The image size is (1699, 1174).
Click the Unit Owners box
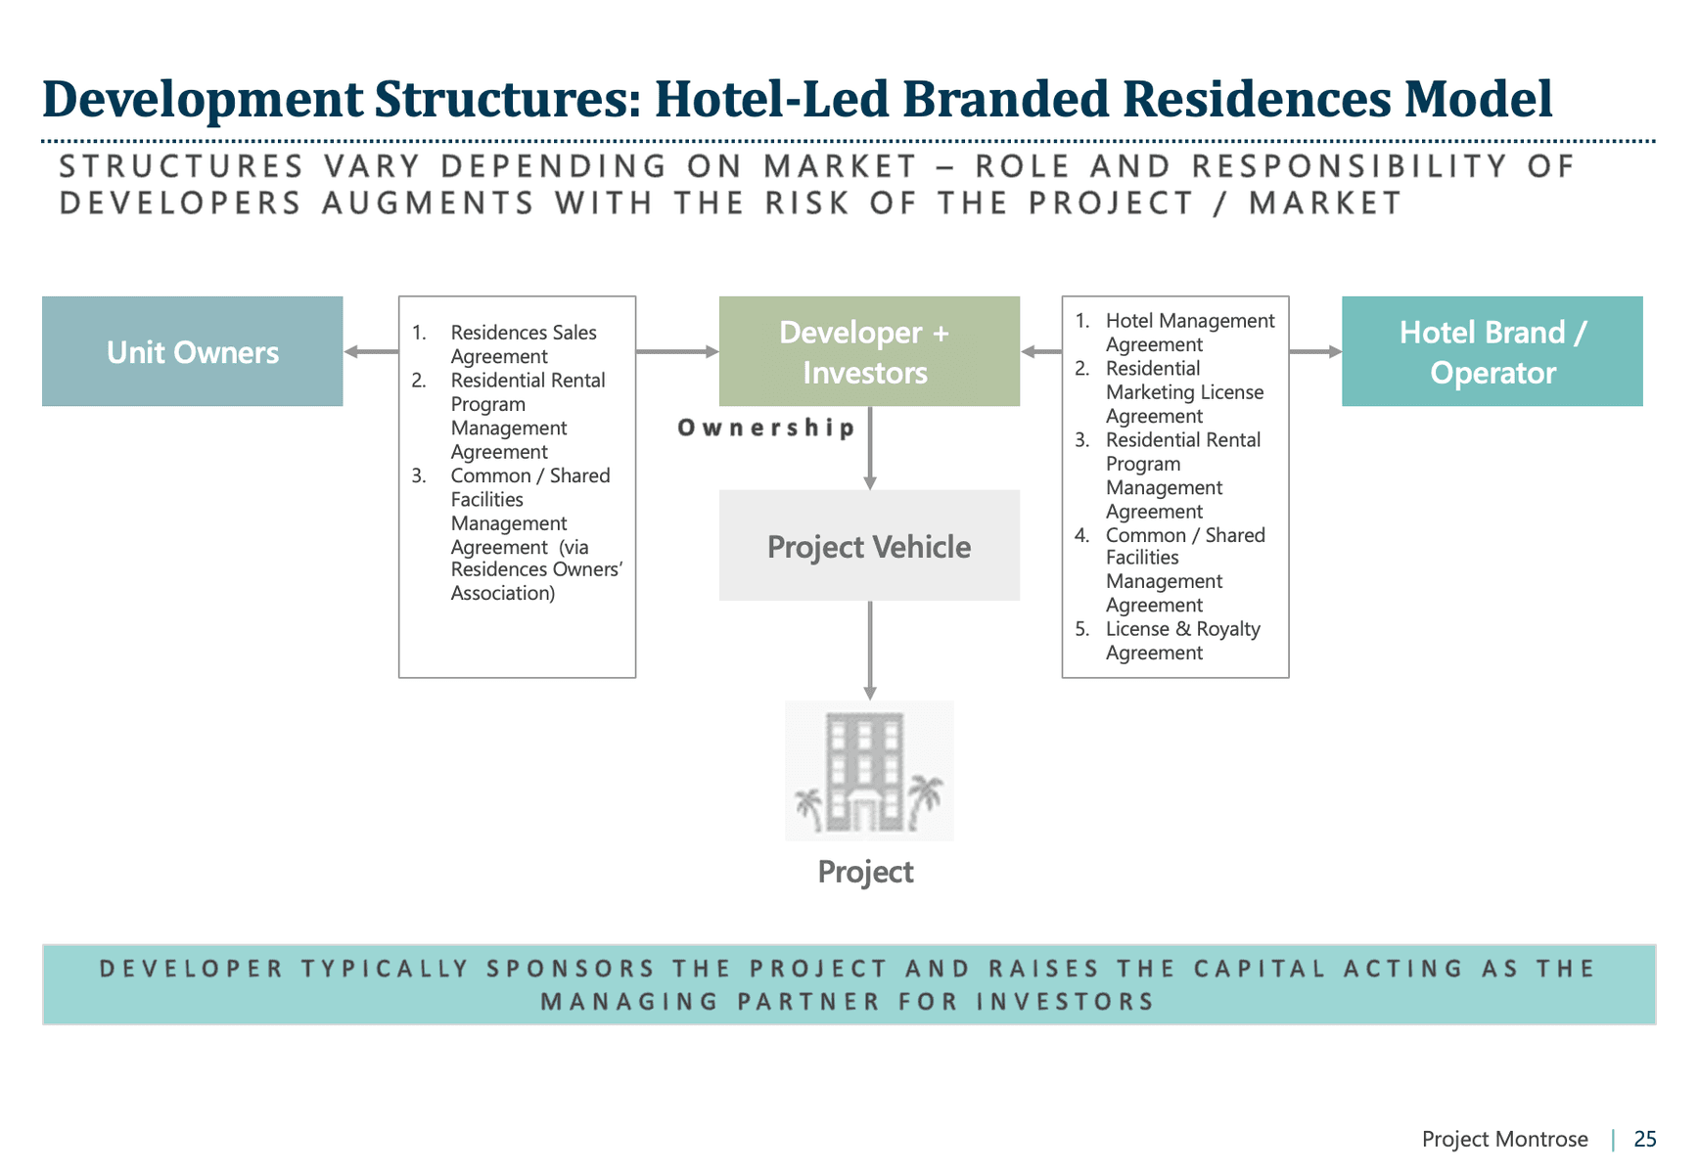[x=192, y=351]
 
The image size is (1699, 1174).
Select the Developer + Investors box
[x=868, y=351]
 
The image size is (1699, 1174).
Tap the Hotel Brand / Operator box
[x=1492, y=351]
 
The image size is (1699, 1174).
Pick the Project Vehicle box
[x=868, y=546]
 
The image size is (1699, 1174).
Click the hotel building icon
[x=868, y=771]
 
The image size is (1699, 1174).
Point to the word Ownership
[x=766, y=428]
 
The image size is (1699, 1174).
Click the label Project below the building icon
[x=865, y=872]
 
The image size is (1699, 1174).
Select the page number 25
[x=1644, y=1139]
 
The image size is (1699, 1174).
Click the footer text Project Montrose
[x=1504, y=1139]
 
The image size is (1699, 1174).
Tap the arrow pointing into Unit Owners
[x=371, y=351]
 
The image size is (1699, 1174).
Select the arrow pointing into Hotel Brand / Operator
[x=1315, y=351]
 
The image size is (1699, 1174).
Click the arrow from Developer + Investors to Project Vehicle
[x=869, y=448]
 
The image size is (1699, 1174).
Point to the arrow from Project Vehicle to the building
[x=869, y=650]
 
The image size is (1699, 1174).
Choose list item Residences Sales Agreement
[x=523, y=344]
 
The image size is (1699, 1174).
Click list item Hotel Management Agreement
[x=1189, y=333]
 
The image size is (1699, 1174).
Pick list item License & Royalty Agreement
[x=1182, y=641]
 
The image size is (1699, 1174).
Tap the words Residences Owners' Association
[x=535, y=581]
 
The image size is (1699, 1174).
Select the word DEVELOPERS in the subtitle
[x=180, y=203]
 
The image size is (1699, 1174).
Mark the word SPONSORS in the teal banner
[x=571, y=969]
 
